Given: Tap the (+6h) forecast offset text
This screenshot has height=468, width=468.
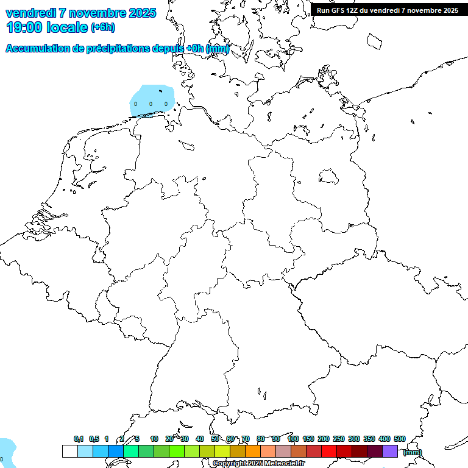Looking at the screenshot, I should pyautogui.click(x=102, y=27).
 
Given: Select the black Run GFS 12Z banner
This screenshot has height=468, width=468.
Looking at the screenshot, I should pyautogui.click(x=388, y=10).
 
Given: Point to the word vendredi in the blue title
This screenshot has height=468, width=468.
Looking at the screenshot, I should pyautogui.click(x=30, y=12).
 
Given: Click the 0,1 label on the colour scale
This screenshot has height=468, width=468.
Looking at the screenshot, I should pyautogui.click(x=79, y=439).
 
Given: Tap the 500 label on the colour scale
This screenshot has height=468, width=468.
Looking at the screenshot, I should pyautogui.click(x=400, y=439).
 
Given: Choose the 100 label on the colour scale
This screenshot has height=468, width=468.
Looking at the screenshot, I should pyautogui.click(x=293, y=439).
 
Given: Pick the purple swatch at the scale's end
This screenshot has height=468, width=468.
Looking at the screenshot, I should pyautogui.click(x=390, y=451).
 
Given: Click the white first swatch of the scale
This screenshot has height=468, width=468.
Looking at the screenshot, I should pyautogui.click(x=69, y=451).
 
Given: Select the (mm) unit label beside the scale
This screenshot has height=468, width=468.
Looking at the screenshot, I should pyautogui.click(x=413, y=452).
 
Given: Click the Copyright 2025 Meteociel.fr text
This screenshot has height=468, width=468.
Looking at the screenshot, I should pyautogui.click(x=258, y=464).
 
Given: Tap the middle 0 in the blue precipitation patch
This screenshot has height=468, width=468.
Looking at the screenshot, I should pyautogui.click(x=151, y=104).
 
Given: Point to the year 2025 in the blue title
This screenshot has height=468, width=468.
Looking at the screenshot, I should pyautogui.click(x=142, y=12).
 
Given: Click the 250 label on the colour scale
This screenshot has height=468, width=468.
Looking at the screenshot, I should pyautogui.click(x=339, y=439).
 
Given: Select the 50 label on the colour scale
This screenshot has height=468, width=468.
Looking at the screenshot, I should pyautogui.click(x=215, y=439).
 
